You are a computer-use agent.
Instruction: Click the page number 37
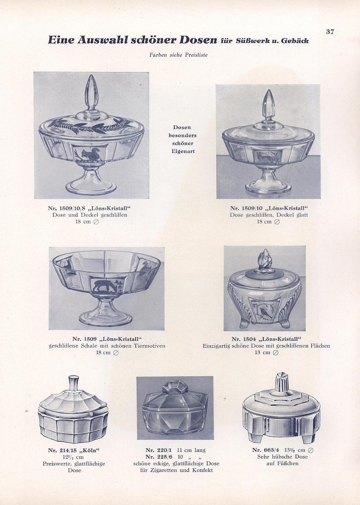pos(330,32)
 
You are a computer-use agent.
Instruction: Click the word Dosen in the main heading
pos(198,40)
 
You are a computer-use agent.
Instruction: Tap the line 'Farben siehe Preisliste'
pos(178,55)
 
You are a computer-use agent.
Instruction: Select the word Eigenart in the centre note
pos(183,151)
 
